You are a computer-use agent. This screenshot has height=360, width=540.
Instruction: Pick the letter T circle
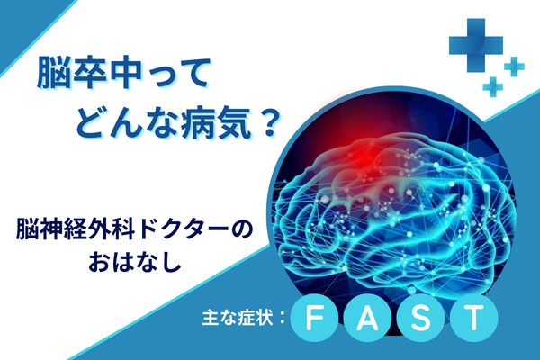coord(474,319)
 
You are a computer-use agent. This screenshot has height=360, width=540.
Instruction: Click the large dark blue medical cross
coord(475,46)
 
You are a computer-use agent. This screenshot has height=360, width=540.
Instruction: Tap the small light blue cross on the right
coord(514,67)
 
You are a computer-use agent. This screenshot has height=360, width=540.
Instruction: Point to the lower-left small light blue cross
coord(493,86)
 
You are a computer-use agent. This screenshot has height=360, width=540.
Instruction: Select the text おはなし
coord(135,263)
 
